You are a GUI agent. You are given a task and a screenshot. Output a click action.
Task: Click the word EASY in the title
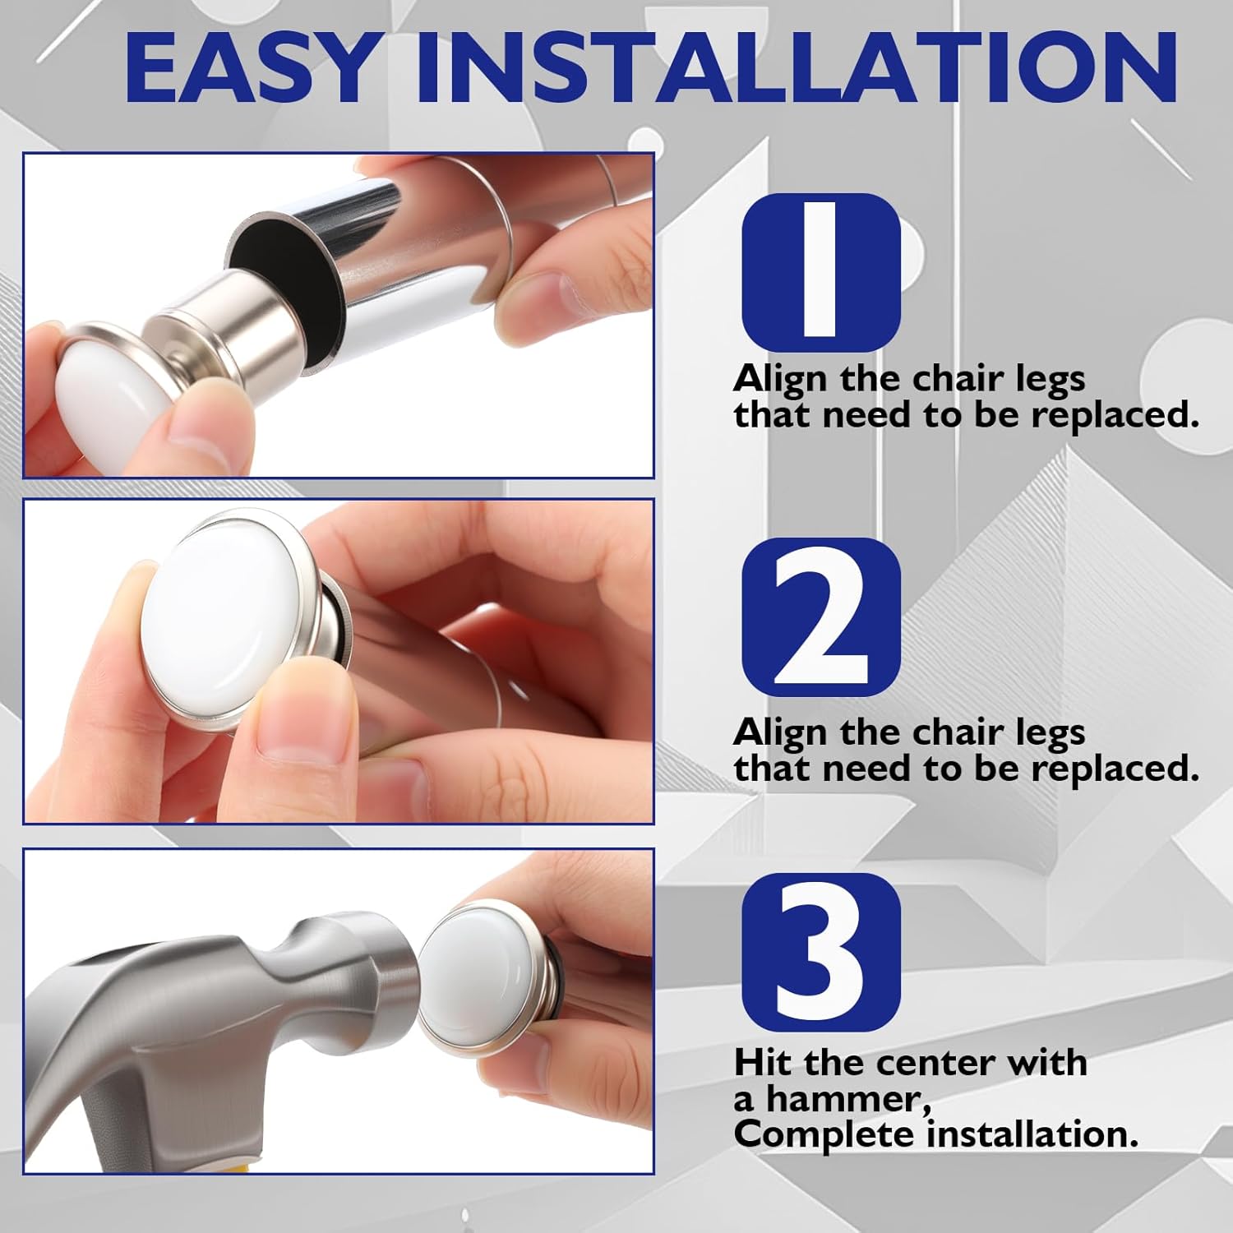point(248,67)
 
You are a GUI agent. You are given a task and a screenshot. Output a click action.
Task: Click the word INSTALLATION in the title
point(797,67)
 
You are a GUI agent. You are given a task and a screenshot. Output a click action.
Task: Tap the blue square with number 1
point(821,272)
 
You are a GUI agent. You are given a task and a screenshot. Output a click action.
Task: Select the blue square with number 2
point(821,616)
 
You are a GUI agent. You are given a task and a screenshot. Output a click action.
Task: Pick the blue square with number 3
point(821,952)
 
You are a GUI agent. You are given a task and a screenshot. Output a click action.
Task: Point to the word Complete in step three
point(827,1136)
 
